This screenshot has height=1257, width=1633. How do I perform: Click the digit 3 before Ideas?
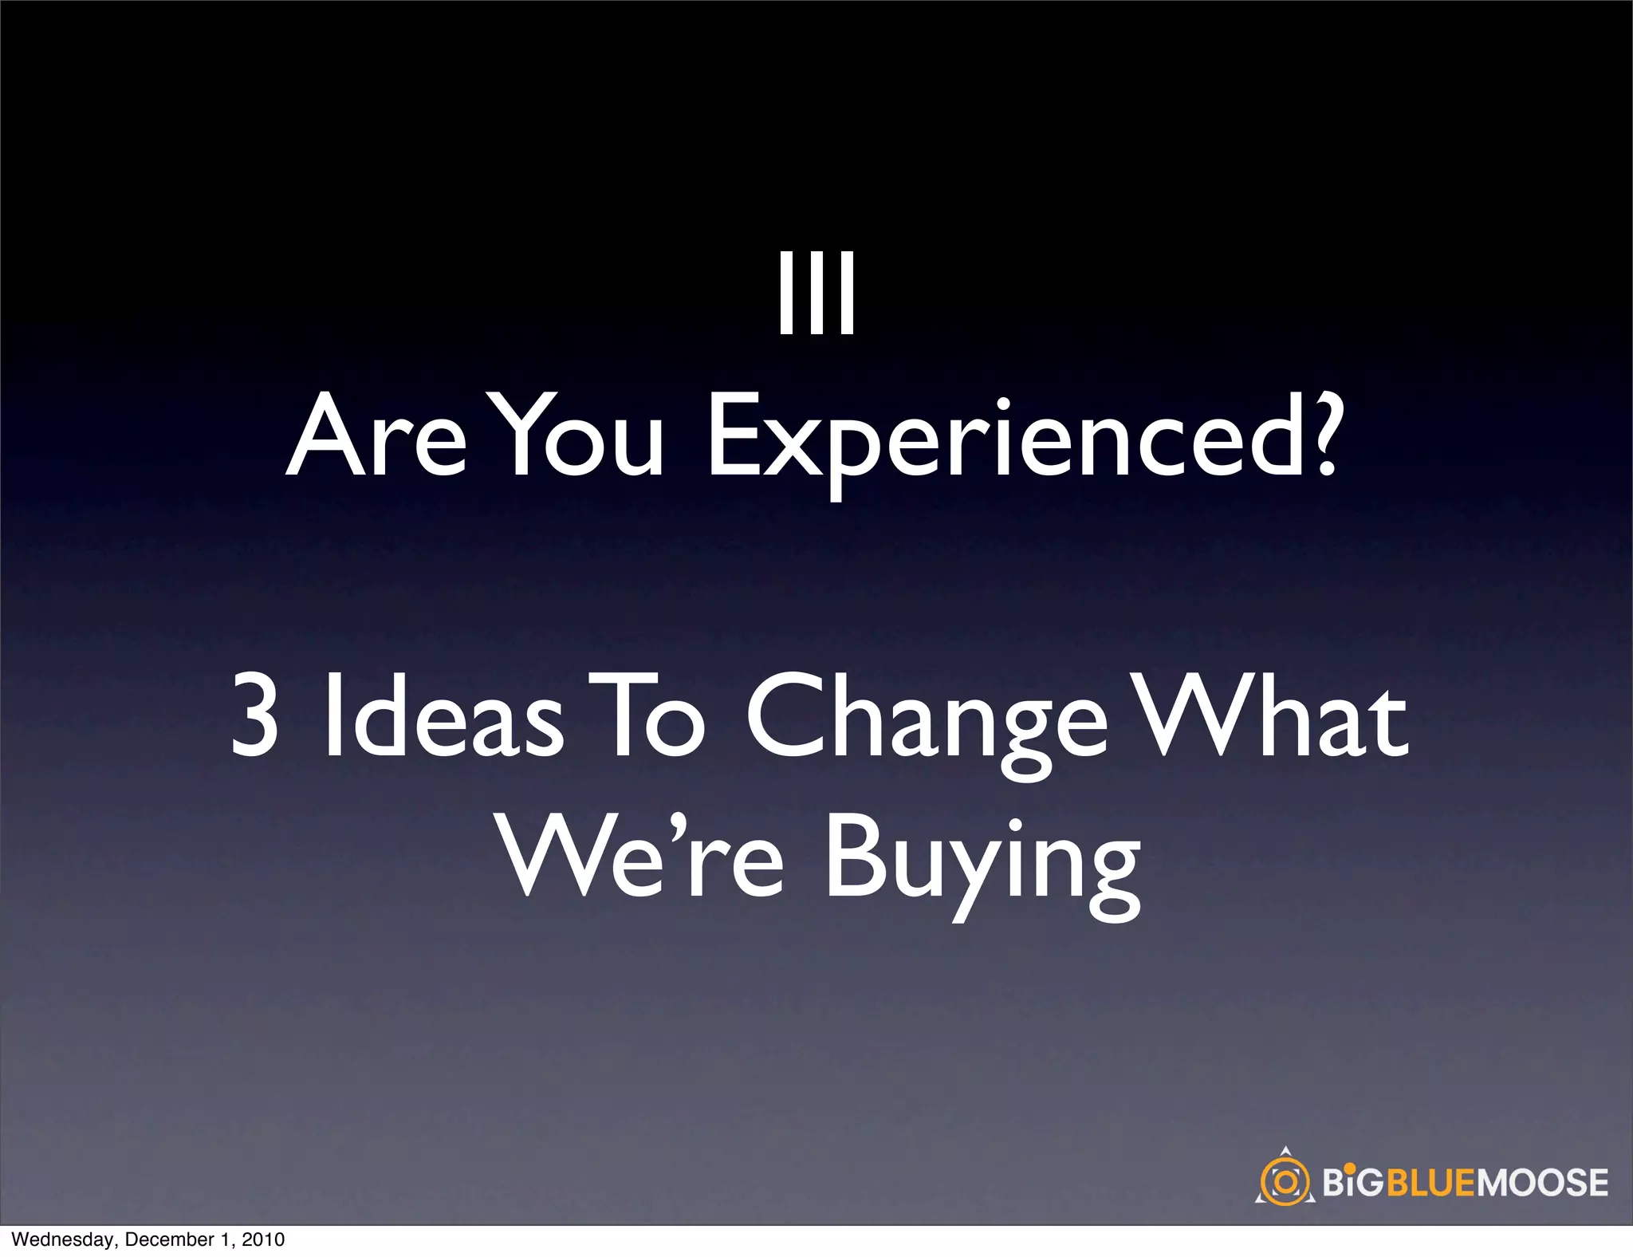coord(255,714)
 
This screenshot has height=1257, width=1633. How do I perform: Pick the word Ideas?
coord(443,714)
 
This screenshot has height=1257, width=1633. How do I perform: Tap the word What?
coord(1268,714)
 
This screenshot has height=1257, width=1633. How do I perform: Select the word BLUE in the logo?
coord(1433,1183)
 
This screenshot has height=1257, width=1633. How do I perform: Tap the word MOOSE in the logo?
coord(1543,1183)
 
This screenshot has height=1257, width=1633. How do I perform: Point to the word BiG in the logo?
coord(1352,1183)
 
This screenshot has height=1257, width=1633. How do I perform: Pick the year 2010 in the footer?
coord(262,1239)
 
